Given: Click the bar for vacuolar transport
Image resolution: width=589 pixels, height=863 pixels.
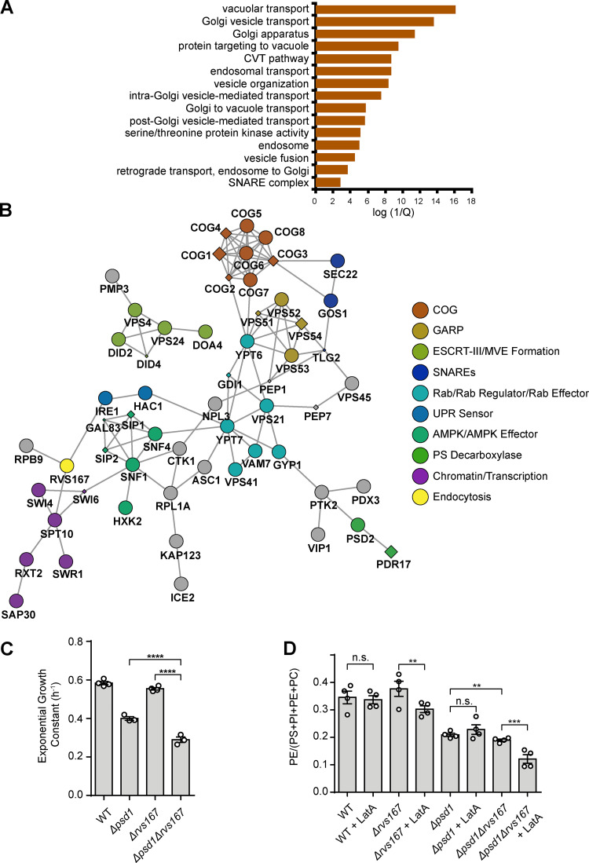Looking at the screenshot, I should click(385, 9).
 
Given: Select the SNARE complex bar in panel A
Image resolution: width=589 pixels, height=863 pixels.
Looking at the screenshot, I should click(327, 181).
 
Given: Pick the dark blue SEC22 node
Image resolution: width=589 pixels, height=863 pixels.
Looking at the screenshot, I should click(338, 261).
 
